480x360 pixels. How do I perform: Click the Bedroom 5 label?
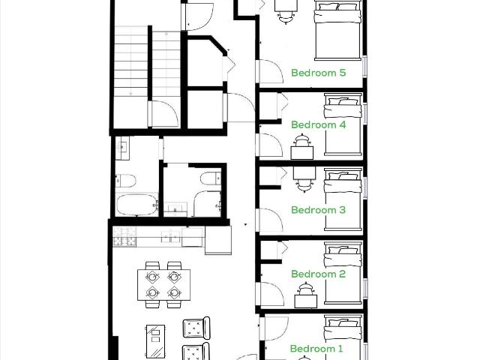[x=318, y=73]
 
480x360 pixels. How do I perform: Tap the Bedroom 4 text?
[x=318, y=124]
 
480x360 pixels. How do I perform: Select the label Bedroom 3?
[x=318, y=210]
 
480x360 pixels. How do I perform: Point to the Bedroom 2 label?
[x=318, y=274]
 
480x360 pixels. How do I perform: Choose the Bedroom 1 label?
[x=316, y=349]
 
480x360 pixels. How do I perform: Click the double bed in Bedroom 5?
[x=337, y=30]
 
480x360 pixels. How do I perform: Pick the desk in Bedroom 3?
[x=304, y=172]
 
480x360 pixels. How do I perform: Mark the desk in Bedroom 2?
[x=305, y=299]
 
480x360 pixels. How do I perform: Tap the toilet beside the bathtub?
[x=125, y=181]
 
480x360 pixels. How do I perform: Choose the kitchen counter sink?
[x=171, y=236]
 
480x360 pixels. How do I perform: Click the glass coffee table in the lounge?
[x=156, y=342]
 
